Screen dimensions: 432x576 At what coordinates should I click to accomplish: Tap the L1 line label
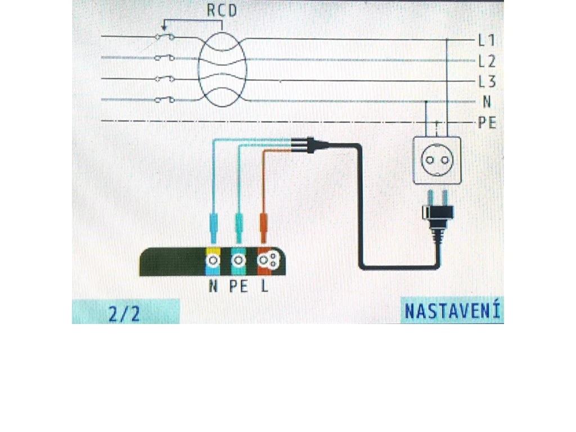click(x=487, y=40)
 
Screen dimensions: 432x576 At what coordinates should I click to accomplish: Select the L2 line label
click(x=487, y=61)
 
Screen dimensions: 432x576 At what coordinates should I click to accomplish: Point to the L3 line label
click(x=487, y=82)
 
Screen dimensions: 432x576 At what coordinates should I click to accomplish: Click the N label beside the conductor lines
click(x=487, y=102)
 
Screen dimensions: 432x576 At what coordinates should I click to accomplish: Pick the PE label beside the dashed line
click(x=487, y=123)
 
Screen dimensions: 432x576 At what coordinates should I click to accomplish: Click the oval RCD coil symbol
click(x=222, y=69)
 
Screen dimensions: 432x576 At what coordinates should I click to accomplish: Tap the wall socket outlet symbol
click(x=436, y=160)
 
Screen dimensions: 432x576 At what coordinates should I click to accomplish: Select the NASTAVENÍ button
click(x=452, y=311)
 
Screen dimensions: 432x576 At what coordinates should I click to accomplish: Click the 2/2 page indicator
click(x=125, y=313)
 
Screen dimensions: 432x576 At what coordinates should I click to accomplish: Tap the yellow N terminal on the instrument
click(x=213, y=260)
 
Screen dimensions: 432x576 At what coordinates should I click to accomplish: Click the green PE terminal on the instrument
click(x=239, y=260)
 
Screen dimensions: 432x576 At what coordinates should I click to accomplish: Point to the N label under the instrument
click(x=213, y=286)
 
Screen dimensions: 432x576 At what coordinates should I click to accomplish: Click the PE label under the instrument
click(x=239, y=286)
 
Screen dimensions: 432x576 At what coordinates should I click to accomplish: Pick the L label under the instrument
click(x=264, y=286)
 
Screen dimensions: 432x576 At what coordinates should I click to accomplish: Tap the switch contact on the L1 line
click(x=164, y=37)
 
